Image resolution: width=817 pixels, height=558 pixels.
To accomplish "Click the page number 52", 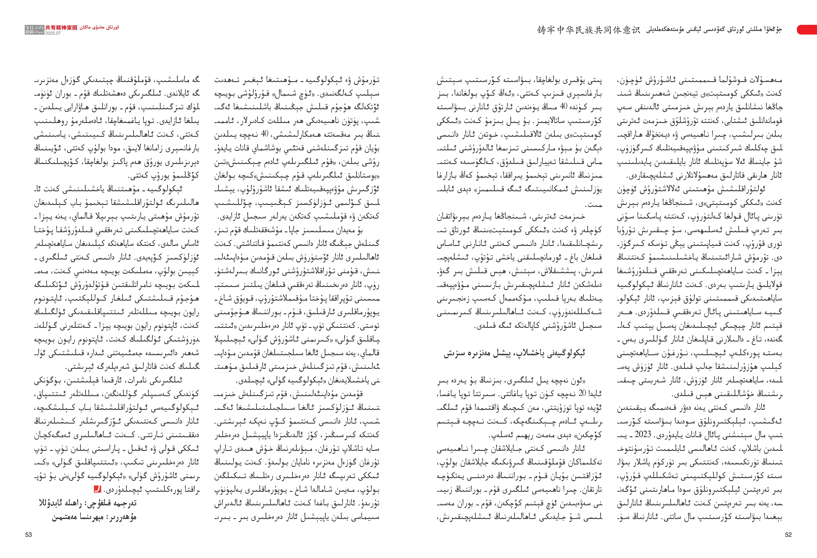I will click(788, 534).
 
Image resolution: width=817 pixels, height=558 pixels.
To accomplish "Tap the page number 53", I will click(29, 534).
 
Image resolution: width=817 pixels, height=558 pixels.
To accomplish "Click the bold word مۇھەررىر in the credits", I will click(123, 517).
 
